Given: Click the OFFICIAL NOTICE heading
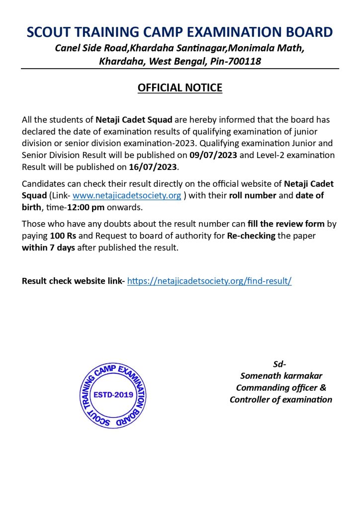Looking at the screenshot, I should click(180, 88).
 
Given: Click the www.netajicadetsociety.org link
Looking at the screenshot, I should click(127, 195).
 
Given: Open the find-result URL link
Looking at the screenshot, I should click(209, 281).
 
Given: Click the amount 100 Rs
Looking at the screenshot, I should click(63, 236).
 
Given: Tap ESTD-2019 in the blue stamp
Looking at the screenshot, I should click(113, 395).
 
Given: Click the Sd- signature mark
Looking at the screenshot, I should click(280, 364).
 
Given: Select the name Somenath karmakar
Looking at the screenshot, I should click(281, 376).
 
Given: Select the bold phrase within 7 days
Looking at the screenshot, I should click(48, 248).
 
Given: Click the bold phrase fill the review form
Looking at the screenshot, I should click(286, 224).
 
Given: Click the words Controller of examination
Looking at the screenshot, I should click(281, 400).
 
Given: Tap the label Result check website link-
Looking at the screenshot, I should click(73, 281).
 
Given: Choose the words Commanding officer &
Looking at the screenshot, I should click(281, 388).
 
